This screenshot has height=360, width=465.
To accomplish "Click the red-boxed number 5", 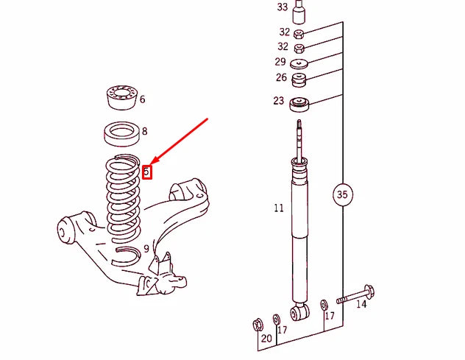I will [x=146, y=172].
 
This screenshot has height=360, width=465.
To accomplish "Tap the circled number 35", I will [x=341, y=195].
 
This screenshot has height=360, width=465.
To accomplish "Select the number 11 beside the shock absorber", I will [x=278, y=208].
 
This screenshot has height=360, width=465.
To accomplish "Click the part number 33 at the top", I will [x=283, y=7].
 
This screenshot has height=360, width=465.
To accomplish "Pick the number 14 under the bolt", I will [x=361, y=303].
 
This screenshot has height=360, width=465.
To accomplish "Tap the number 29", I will [x=280, y=62].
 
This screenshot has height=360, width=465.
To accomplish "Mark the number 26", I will [x=281, y=77].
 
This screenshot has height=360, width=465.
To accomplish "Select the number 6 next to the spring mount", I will [x=142, y=99].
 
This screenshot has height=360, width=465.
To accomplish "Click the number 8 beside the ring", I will [x=144, y=132].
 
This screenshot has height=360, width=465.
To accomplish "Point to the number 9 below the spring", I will [x=146, y=249].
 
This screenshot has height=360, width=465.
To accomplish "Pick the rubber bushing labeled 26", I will [x=299, y=78].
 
